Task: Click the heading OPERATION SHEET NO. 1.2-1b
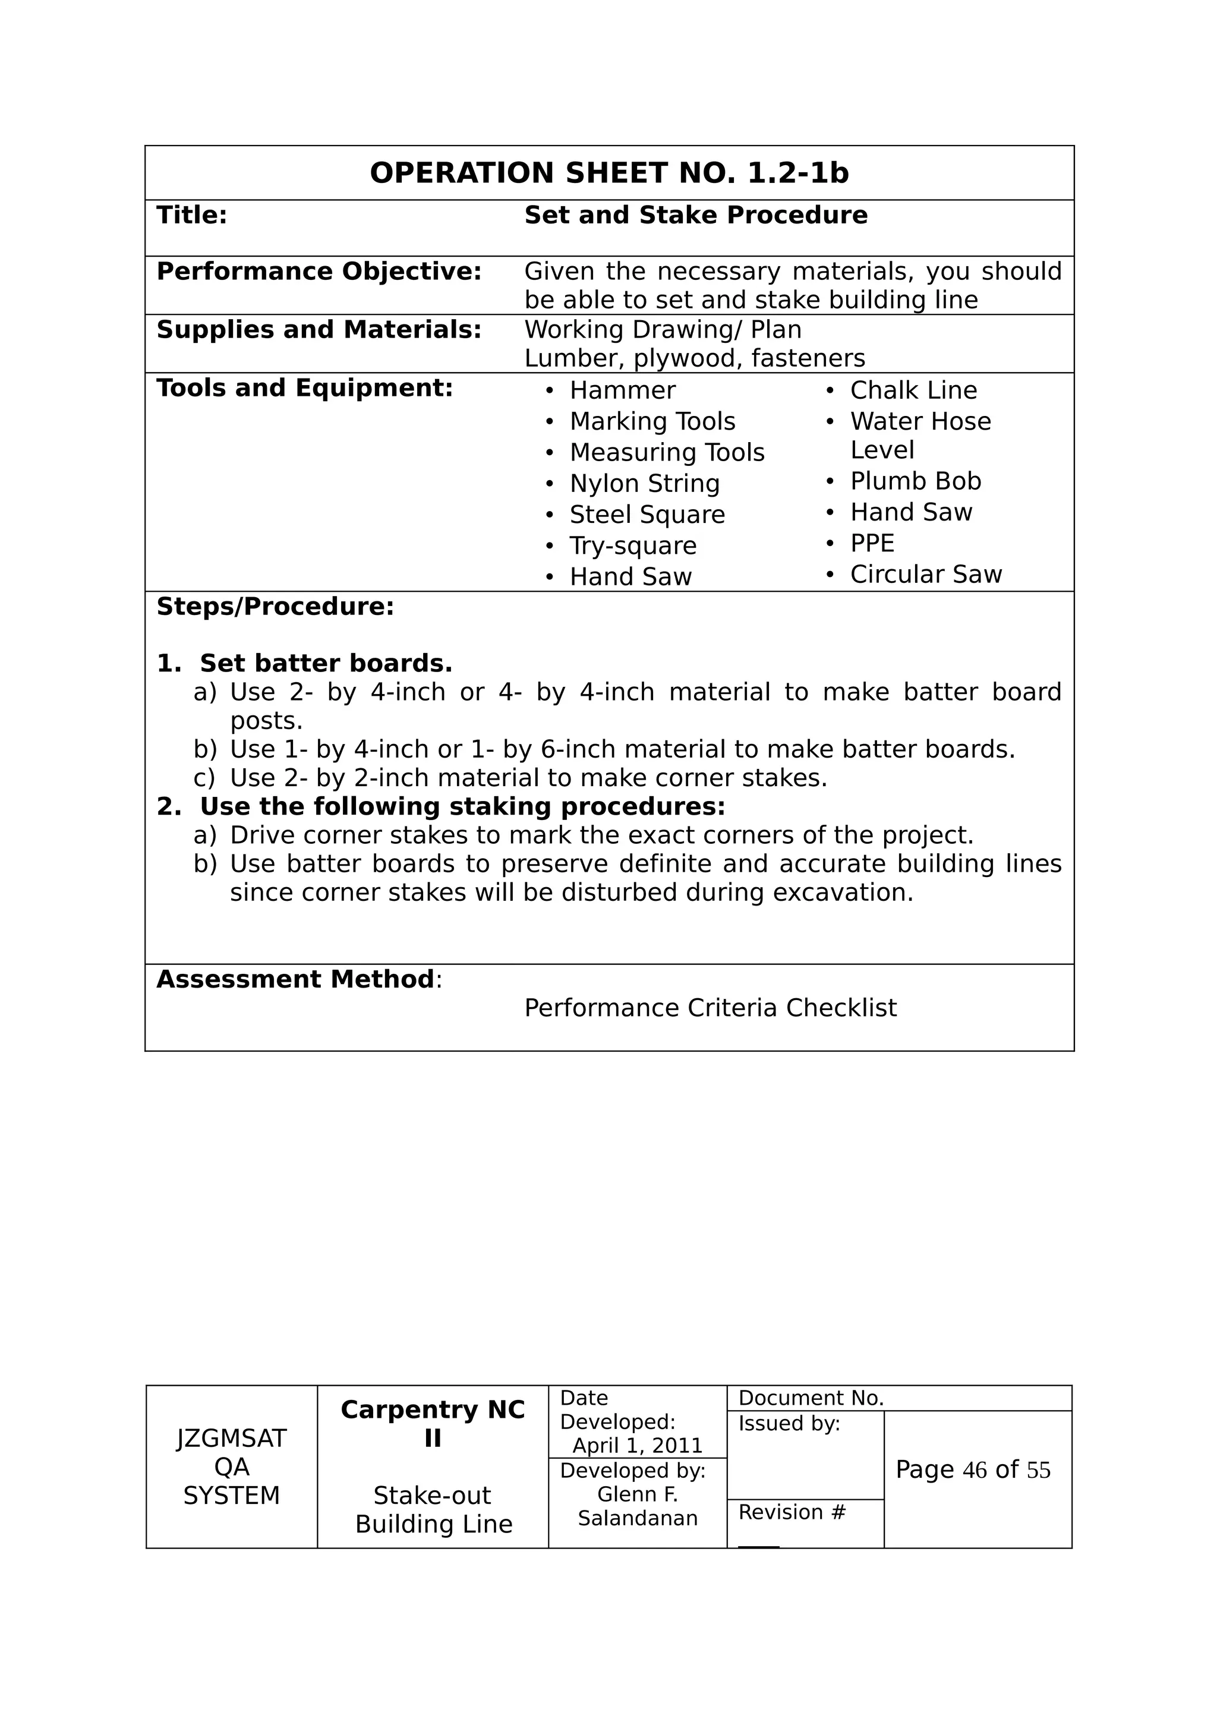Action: coord(609,174)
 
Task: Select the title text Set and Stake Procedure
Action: coord(695,215)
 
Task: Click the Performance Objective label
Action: coord(319,272)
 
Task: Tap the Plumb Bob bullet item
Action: coord(915,481)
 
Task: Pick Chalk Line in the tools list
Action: coord(913,391)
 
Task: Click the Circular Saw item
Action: coord(925,575)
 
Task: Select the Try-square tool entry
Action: coord(633,546)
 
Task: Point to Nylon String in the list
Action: coord(644,484)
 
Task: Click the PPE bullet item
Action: coord(872,544)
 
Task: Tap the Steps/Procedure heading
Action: coord(275,607)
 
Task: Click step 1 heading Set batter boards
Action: coord(326,664)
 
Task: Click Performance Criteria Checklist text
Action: coord(710,1008)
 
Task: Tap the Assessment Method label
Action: coord(295,979)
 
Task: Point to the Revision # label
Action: coord(792,1512)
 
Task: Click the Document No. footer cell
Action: coord(811,1398)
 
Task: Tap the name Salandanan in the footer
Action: coord(638,1518)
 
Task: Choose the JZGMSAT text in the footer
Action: coord(231,1439)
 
